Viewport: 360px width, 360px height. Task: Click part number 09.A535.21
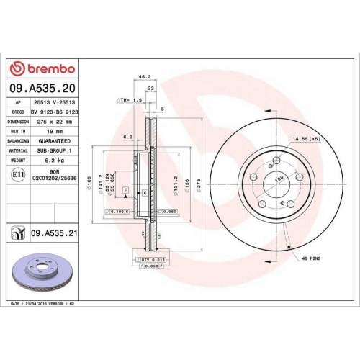pos(53,233)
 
